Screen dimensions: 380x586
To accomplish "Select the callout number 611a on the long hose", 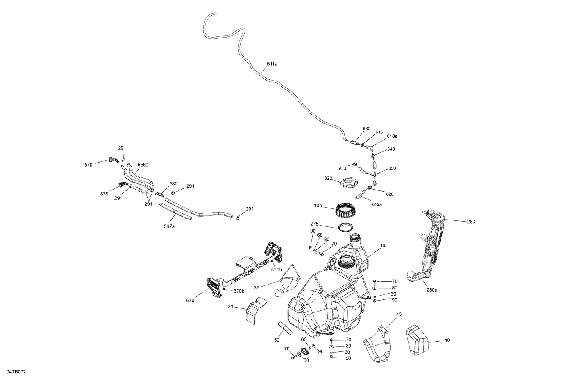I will [272, 63].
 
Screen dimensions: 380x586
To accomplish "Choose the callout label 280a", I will [432, 290].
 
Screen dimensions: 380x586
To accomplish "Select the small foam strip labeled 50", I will [285, 328].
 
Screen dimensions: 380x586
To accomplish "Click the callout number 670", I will [190, 300].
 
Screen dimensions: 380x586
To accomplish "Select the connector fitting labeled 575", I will [123, 185].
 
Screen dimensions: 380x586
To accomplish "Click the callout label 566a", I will [143, 165].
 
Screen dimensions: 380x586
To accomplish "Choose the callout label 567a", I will [169, 226].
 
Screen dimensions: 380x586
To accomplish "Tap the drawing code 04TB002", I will [16, 372].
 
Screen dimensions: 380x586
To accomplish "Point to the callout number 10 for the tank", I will [382, 246].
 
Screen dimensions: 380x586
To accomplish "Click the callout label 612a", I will [377, 204].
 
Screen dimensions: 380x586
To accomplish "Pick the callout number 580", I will [173, 183].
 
